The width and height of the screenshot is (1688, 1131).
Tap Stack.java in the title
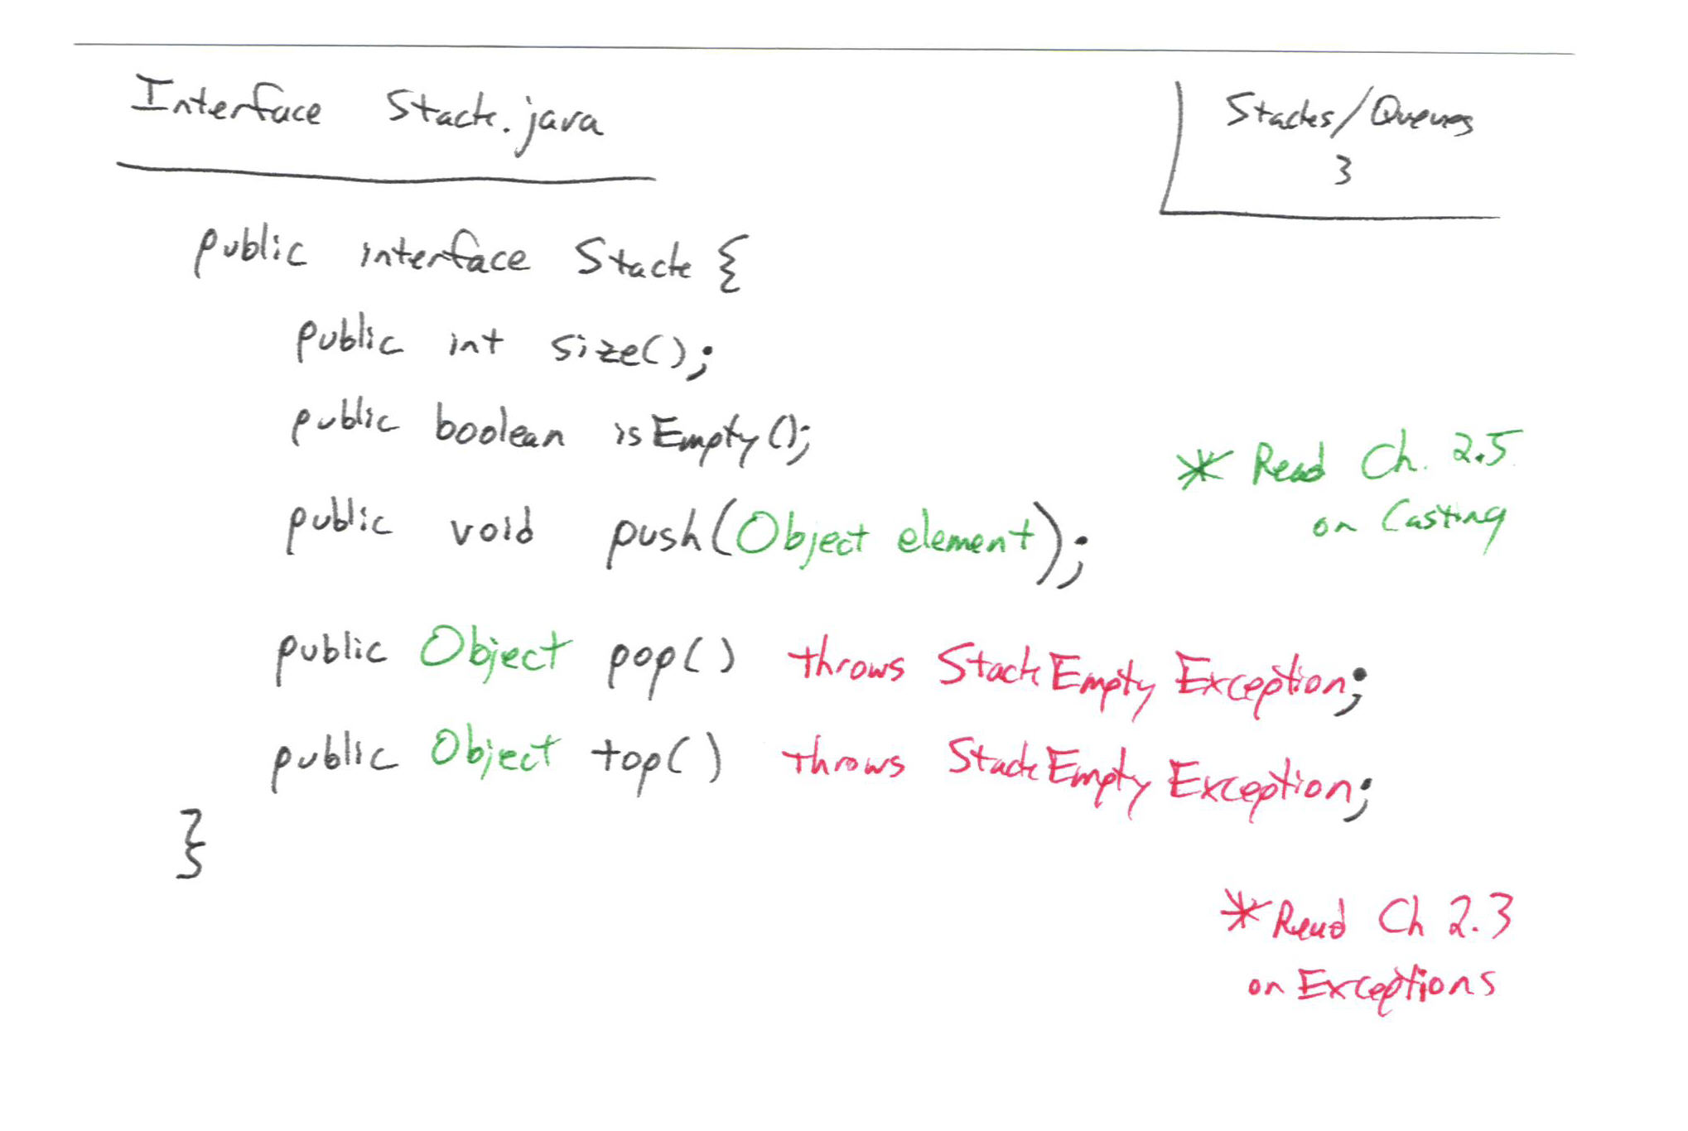tap(494, 118)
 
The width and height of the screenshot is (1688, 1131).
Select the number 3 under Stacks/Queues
tap(1343, 171)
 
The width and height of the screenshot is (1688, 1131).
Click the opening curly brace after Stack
tap(732, 262)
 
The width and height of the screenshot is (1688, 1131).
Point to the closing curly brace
tap(191, 844)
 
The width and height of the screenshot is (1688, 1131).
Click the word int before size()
tap(475, 341)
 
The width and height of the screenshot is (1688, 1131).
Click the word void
tap(492, 527)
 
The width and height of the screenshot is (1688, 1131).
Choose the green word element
tap(966, 537)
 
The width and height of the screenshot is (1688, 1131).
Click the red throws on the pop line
tap(846, 662)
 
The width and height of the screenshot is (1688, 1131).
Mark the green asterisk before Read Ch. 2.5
tap(1203, 469)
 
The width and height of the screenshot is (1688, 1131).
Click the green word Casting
tap(1442, 521)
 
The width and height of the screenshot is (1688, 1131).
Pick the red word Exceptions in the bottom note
tap(1396, 986)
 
